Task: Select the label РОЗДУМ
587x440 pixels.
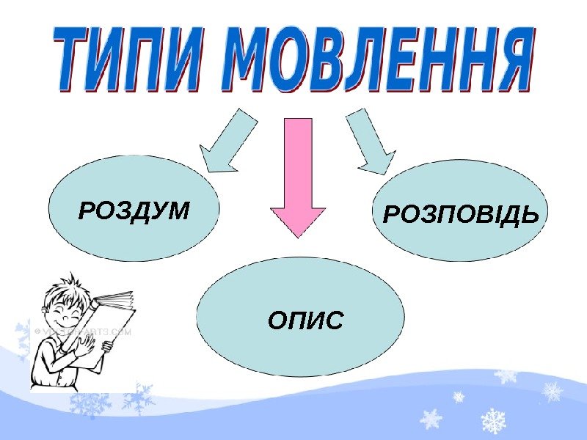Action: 134,211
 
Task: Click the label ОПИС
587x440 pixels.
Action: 305,320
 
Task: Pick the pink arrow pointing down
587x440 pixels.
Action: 297,176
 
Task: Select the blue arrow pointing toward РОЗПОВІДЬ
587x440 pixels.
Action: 370,142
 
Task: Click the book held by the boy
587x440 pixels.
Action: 106,323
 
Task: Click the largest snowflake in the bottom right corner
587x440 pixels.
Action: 493,421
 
